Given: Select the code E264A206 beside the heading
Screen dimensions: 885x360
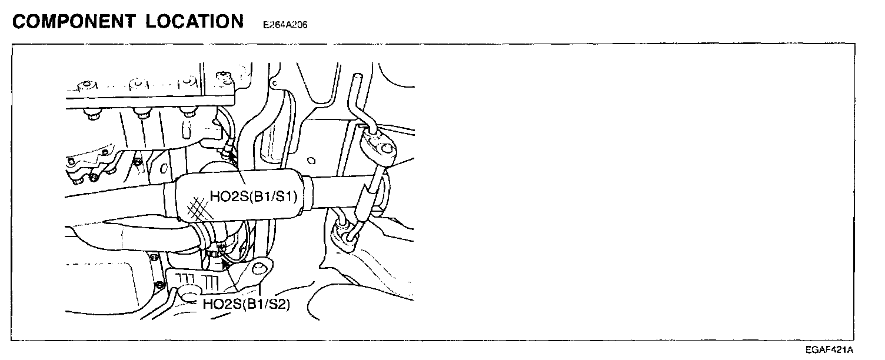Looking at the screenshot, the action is point(285,25).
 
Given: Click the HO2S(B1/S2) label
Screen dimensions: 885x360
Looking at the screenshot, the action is point(246,305).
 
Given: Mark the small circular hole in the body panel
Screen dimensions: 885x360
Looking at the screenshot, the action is point(312,160).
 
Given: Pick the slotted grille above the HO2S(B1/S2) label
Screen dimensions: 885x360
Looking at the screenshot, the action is point(200,279).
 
